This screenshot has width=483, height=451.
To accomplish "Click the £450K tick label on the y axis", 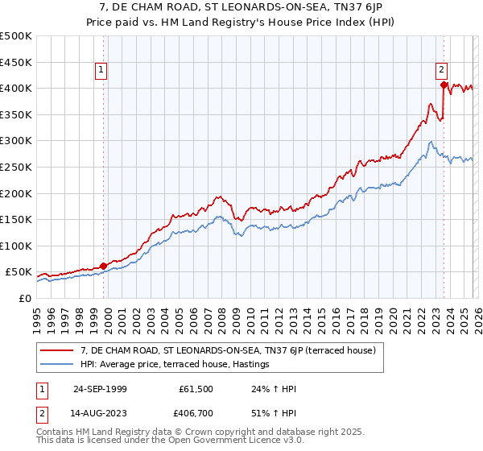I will [x=16, y=62].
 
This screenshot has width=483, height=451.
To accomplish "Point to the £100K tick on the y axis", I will [x=16, y=246].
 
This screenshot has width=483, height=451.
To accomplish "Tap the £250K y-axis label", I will [x=16, y=167].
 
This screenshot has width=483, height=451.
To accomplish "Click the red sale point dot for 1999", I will [x=103, y=266].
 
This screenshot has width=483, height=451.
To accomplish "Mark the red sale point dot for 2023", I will [x=444, y=84].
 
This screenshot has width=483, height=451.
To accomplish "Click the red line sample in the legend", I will [x=58, y=350].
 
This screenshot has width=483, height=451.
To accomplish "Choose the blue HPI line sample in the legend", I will [x=58, y=365].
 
